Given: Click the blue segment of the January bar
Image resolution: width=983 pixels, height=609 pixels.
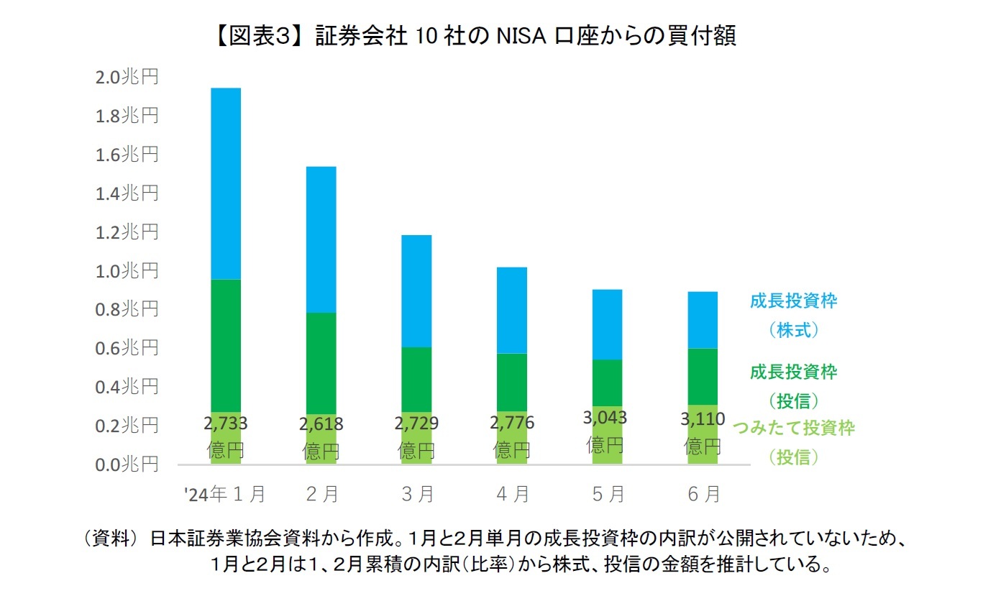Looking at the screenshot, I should (x=225, y=183).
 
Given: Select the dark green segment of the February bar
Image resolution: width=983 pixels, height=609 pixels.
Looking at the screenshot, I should (x=321, y=363).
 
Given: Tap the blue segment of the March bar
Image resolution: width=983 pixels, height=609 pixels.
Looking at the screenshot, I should (x=416, y=291).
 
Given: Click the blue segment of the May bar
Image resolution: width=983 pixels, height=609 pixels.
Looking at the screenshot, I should (x=607, y=324).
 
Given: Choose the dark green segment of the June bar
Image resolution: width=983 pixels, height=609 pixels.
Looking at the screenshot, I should (x=703, y=376).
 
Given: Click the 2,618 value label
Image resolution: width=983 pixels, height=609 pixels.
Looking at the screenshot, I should (x=321, y=424).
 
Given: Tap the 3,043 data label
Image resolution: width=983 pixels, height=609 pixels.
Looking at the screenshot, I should (x=606, y=418).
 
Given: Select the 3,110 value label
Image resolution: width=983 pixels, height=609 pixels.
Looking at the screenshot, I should (x=703, y=418).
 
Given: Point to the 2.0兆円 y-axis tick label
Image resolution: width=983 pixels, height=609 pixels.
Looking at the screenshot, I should (x=127, y=77).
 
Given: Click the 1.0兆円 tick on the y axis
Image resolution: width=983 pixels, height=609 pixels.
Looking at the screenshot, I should (x=127, y=271).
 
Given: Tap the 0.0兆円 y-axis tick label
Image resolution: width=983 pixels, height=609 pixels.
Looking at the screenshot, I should (x=127, y=464).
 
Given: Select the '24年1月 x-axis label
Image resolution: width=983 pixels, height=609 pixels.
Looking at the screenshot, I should (x=225, y=494).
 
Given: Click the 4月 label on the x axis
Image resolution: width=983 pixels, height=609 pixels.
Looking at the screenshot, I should (x=513, y=494).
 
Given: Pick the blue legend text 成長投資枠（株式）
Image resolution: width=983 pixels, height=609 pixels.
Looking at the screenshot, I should (x=793, y=315).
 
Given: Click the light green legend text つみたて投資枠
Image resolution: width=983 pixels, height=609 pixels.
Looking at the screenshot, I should (x=793, y=429).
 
